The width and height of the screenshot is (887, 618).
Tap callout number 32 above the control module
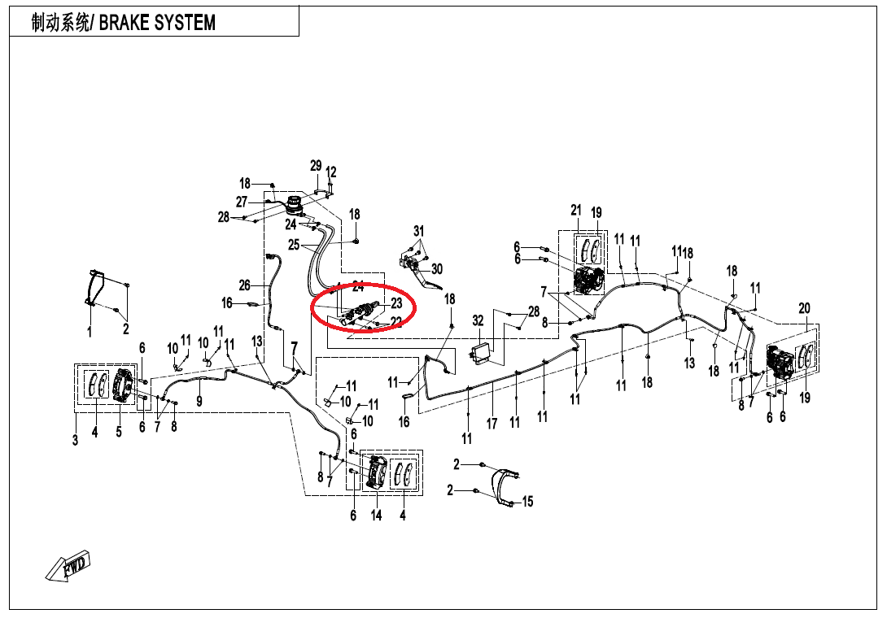click(478, 321)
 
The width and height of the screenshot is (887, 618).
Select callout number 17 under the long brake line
click(492, 424)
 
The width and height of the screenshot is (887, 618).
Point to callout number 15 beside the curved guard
click(527, 502)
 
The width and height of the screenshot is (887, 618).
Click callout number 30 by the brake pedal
click(436, 269)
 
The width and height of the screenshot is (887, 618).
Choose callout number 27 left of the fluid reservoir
click(242, 202)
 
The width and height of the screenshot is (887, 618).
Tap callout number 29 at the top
click(316, 166)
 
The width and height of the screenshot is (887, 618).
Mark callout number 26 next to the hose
click(244, 285)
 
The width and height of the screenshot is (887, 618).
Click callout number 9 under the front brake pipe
click(199, 402)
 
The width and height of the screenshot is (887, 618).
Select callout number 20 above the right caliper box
click(804, 309)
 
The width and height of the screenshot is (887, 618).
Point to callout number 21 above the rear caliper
click(576, 211)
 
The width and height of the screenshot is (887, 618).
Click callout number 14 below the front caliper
click(376, 515)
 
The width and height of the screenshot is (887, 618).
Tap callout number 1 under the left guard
click(90, 332)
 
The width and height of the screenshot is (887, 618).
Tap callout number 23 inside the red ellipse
click(396, 303)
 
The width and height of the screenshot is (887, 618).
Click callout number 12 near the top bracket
click(331, 172)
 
